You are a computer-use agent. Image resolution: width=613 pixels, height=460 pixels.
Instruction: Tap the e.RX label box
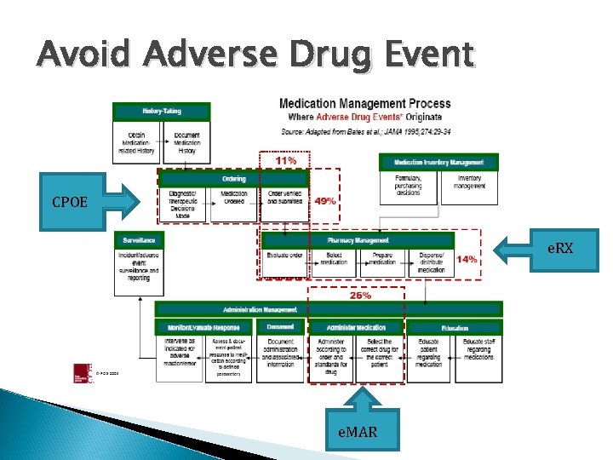(561, 247)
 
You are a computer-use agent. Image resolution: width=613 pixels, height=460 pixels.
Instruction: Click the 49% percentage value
(324, 201)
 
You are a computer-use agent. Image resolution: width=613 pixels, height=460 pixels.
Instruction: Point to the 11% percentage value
(285, 160)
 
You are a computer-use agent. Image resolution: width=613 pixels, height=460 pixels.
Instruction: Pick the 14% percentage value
(466, 260)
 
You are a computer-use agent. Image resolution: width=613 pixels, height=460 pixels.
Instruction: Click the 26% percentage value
(359, 296)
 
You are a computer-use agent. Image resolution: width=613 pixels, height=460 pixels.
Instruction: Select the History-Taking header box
(160, 112)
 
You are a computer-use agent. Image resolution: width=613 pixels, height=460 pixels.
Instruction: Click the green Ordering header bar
(234, 179)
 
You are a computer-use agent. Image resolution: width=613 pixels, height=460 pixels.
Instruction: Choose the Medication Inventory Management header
(438, 162)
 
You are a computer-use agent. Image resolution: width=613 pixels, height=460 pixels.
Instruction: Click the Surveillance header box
(138, 240)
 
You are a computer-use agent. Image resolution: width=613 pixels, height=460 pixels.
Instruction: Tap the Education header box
(454, 327)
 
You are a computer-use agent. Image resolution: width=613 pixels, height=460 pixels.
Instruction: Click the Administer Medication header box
(355, 327)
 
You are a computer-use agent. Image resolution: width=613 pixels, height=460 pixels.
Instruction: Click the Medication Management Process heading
(365, 104)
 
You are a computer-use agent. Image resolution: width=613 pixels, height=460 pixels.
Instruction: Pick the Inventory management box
(468, 183)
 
